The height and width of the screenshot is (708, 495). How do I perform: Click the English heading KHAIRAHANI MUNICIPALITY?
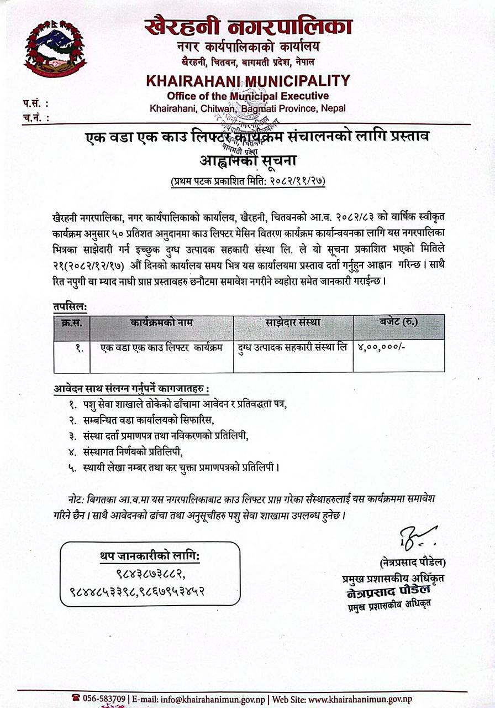click(248, 81)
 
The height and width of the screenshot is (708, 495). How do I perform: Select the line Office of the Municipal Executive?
click(247, 96)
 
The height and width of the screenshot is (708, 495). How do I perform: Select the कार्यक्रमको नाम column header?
click(162, 322)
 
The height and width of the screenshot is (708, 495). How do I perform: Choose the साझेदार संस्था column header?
click(293, 322)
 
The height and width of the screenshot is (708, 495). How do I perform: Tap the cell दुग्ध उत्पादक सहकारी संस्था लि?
click(293, 348)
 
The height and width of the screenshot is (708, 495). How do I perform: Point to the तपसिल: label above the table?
click(70, 305)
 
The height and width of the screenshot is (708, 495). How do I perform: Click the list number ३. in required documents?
click(72, 435)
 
